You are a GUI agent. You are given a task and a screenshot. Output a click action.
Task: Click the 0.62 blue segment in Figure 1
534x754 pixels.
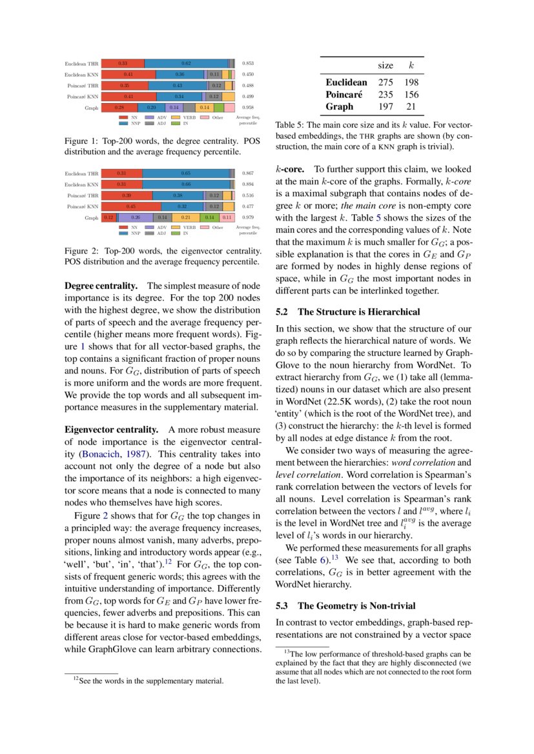coord(186,63)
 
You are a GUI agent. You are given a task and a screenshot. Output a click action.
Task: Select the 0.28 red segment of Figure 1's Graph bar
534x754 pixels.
coord(119,107)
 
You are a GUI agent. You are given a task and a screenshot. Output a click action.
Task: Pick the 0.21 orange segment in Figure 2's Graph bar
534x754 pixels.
coord(185,217)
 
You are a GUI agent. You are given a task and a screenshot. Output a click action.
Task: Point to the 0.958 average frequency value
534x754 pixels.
coord(247,107)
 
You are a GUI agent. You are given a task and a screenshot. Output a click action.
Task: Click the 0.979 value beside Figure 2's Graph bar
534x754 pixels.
coord(247,217)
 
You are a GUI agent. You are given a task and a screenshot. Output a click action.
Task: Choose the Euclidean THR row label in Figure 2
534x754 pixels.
coord(82,174)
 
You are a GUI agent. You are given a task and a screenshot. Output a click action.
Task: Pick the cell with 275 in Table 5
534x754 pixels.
coord(385,83)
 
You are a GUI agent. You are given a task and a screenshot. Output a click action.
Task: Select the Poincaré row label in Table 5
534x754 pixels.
coord(344,94)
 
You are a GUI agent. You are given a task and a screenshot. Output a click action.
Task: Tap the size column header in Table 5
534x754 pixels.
coord(385,66)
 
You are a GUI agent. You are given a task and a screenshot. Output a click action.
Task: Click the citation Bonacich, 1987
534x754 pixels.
coord(119,453)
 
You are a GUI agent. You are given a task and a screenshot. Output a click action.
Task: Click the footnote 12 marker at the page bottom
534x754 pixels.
coord(75,679)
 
